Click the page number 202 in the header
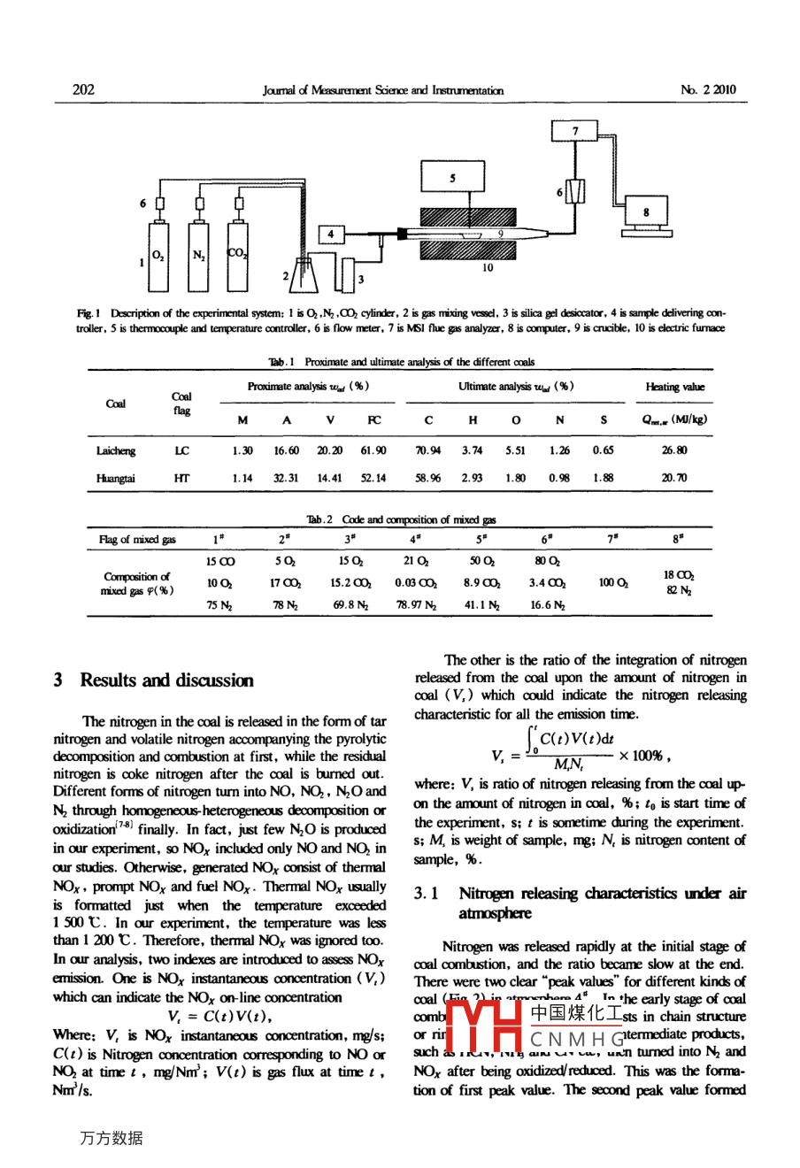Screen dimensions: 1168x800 tap(83, 89)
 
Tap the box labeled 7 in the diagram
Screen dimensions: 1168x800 tap(575, 132)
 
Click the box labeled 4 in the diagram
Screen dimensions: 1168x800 tap(330, 234)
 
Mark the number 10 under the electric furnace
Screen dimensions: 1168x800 tap(488, 268)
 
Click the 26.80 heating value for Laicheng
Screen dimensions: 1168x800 tap(674, 450)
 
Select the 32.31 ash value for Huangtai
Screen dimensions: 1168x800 tap(286, 478)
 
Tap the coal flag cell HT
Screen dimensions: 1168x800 tap(181, 478)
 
